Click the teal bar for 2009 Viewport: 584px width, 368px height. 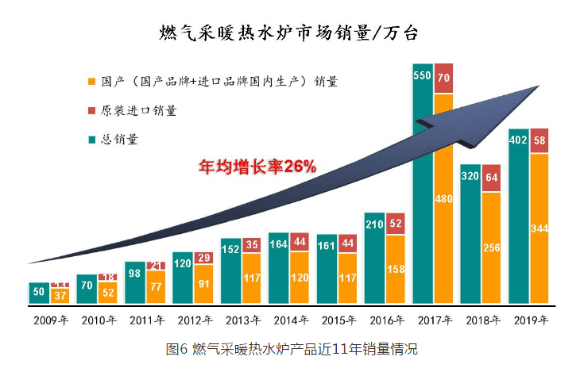(39, 293)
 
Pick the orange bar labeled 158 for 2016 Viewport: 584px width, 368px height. (396, 270)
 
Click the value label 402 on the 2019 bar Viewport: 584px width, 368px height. (517, 140)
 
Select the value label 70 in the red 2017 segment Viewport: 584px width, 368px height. (443, 78)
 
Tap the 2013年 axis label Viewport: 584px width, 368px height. (241, 321)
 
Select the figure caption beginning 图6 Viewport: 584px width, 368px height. (291, 349)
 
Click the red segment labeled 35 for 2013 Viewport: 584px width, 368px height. (252, 245)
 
